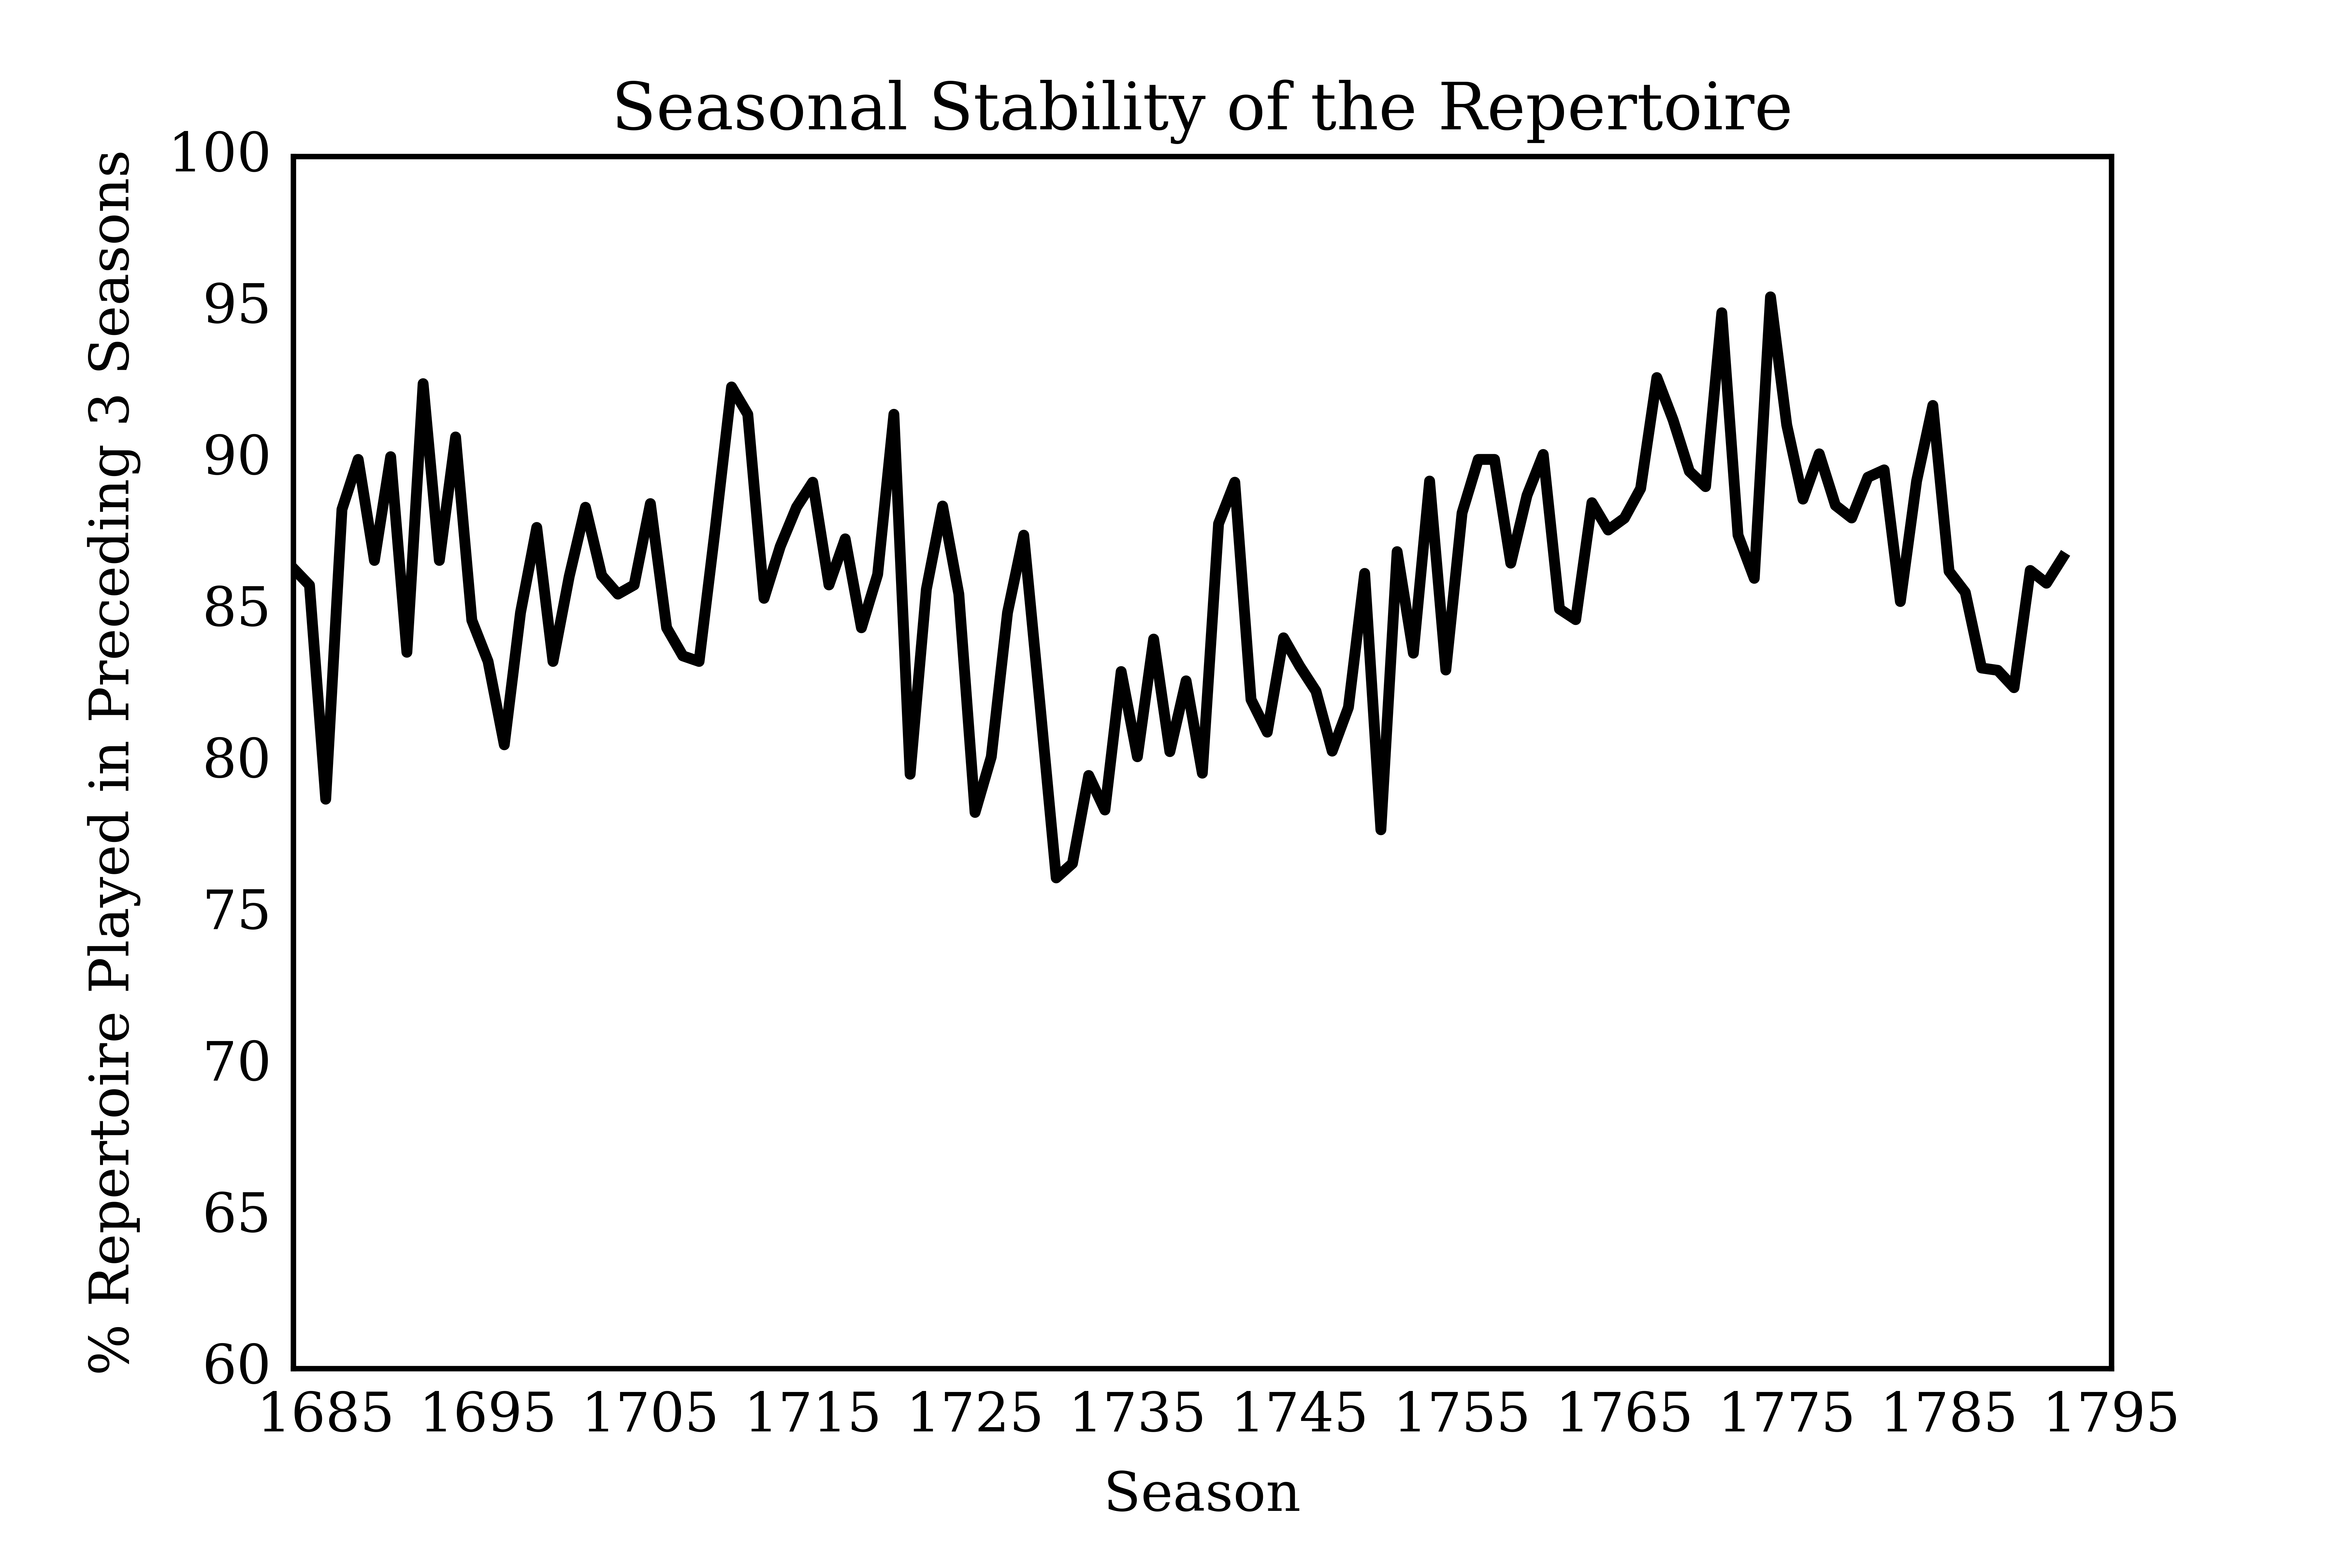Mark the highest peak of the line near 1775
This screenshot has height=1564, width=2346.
(1771, 297)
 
